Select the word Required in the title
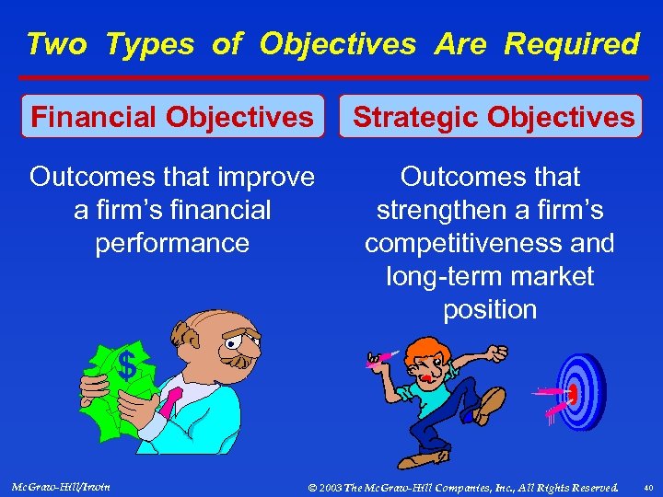pyautogui.click(x=572, y=44)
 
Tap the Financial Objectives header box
pyautogui.click(x=172, y=117)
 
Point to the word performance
pyautogui.click(x=172, y=243)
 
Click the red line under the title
pyautogui.click(x=331, y=77)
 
